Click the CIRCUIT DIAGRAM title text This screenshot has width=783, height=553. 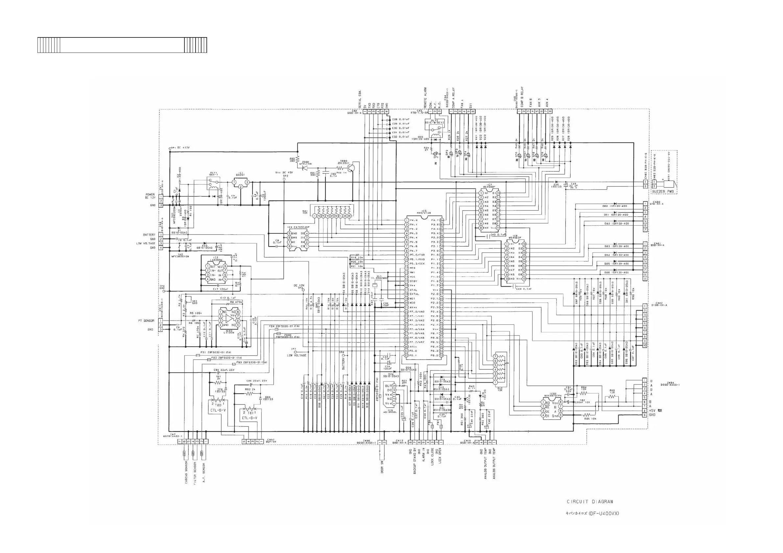tap(590, 501)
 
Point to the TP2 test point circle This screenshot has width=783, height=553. tap(284, 179)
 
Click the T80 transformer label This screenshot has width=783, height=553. tap(218, 405)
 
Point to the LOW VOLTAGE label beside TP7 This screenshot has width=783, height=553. tap(297, 355)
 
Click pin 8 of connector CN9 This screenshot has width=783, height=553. tap(550, 111)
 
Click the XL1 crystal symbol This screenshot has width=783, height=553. tap(374, 285)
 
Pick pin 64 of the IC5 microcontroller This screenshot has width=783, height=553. tap(442, 220)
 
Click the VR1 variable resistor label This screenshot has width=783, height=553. tap(195, 301)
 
